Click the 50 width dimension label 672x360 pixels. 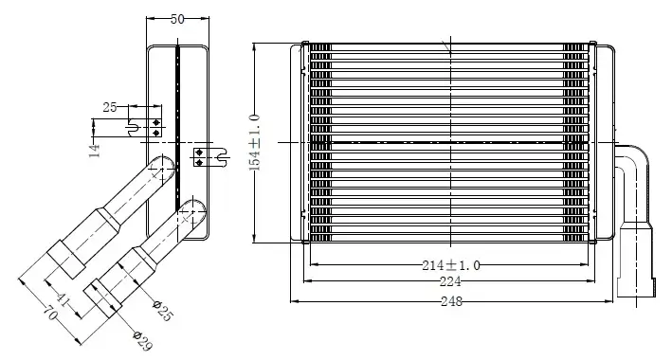(x=177, y=19)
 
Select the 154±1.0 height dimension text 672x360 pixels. (x=255, y=142)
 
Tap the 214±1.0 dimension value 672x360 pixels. (x=451, y=265)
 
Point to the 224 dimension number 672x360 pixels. (x=450, y=281)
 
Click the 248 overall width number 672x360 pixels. (x=452, y=301)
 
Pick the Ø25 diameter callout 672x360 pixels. (x=163, y=311)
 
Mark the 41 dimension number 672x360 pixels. (x=63, y=300)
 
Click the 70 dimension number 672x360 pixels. (x=50, y=315)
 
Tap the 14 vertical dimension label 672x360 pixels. (x=95, y=151)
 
